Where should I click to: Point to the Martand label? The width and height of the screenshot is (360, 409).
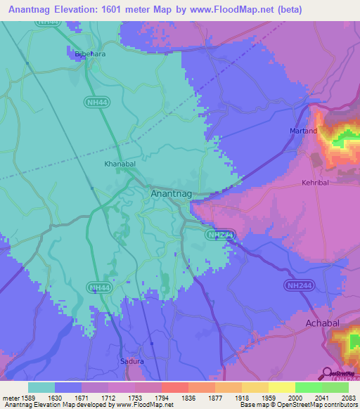pos(304,131)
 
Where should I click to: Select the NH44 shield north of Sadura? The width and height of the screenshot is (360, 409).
pos(101,287)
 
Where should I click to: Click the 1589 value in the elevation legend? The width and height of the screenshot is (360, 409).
pos(28,398)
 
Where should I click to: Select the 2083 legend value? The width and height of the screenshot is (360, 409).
pos(349,398)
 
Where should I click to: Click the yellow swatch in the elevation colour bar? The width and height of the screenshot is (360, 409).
pos(282,387)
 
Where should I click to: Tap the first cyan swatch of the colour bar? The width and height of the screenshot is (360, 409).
pos(41,387)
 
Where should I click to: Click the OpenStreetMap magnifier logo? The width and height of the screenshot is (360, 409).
pos(326,374)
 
